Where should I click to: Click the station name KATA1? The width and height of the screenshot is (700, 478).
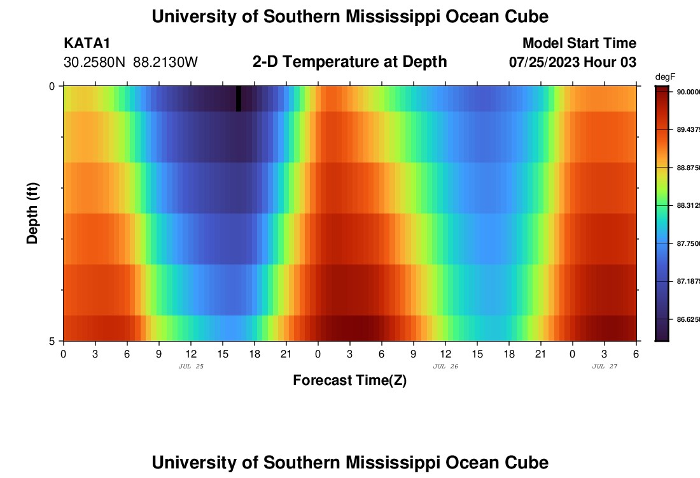click(x=87, y=43)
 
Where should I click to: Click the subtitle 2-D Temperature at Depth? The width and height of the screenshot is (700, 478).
click(x=349, y=61)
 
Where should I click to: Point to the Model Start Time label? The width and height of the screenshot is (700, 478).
click(x=579, y=43)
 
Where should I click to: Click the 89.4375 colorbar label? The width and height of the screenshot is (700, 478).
click(x=688, y=129)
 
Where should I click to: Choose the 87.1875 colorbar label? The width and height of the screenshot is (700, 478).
click(x=688, y=281)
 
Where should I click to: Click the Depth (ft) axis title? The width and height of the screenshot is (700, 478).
click(x=32, y=213)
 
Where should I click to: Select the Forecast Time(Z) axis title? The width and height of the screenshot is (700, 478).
click(x=349, y=380)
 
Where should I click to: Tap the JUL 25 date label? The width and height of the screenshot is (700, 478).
click(x=191, y=366)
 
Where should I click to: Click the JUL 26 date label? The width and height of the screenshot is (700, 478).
click(x=445, y=366)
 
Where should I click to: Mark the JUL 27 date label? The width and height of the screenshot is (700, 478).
click(x=605, y=366)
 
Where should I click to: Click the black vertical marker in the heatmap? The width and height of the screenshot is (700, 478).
click(x=239, y=98)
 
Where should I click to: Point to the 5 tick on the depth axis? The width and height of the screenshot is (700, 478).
click(x=52, y=341)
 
